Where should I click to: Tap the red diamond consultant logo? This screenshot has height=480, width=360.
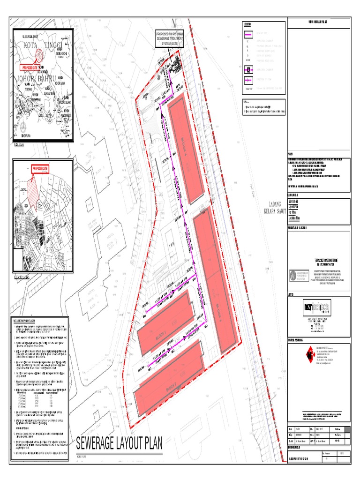coord(296,356)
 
